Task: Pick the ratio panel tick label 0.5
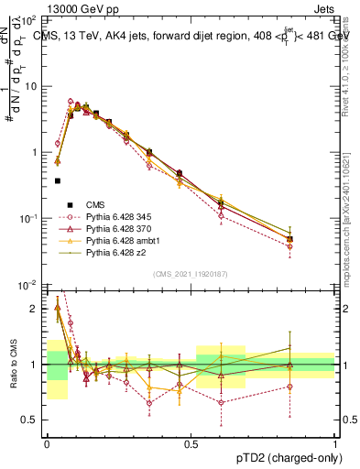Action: pos(31,420)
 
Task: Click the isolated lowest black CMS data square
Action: pos(58,180)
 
